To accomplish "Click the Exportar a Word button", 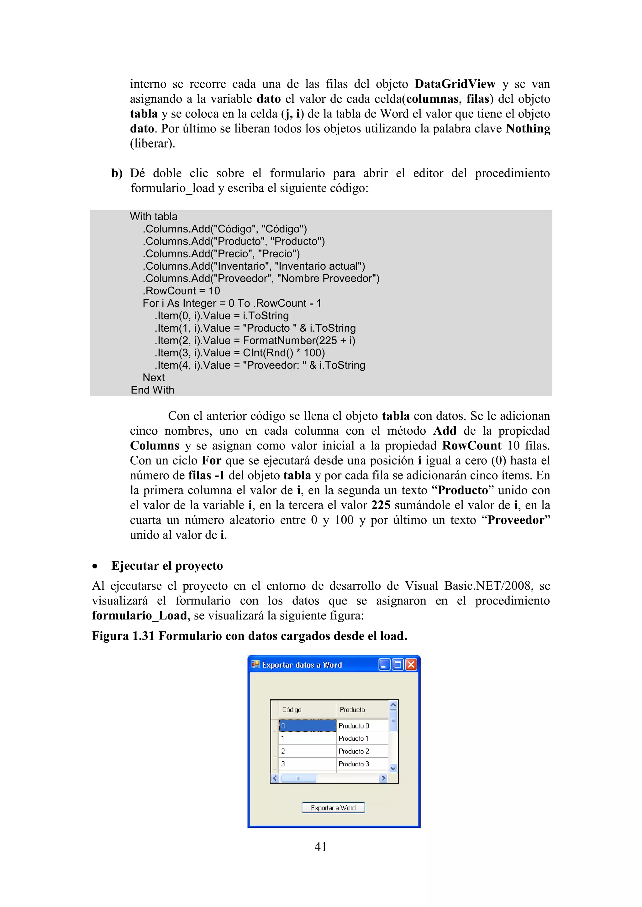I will pyautogui.click(x=333, y=807).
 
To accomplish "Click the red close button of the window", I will pyautogui.click(x=411, y=665).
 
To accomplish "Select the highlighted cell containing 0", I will pyautogui.click(x=307, y=726).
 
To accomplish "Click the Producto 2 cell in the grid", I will pyautogui.click(x=362, y=751).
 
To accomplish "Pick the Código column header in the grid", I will pyautogui.click(x=307, y=709).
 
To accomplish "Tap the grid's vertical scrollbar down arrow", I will pyautogui.click(x=393, y=768).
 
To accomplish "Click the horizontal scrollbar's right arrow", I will pyautogui.click(x=383, y=778).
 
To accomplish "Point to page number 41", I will pyautogui.click(x=320, y=847).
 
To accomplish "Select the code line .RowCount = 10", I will pyautogui.click(x=181, y=291).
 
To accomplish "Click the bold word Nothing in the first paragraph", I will pyautogui.click(x=528, y=128).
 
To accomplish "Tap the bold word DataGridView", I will pyautogui.click(x=455, y=84).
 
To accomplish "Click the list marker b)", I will pyautogui.click(x=117, y=173).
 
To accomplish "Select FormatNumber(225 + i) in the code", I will pyautogui.click(x=299, y=340).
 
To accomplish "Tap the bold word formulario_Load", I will pyautogui.click(x=139, y=615).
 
